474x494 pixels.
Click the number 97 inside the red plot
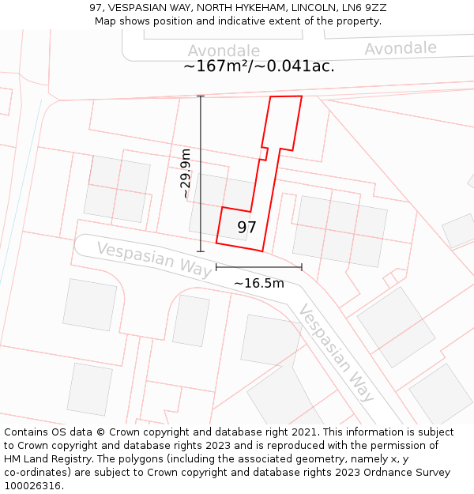[246, 228]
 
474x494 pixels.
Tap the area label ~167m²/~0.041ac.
[259, 66]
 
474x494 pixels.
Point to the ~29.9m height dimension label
[186, 173]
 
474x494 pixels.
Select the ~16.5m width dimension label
[259, 283]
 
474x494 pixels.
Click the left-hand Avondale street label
[224, 51]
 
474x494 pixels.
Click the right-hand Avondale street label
[400, 48]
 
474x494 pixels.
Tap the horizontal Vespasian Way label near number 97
[154, 259]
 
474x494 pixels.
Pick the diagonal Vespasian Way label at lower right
[336, 353]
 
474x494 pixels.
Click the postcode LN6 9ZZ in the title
[367, 7]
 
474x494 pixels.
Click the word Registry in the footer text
[99, 459]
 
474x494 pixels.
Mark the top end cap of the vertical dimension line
[201, 96]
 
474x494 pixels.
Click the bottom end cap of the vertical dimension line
[201, 251]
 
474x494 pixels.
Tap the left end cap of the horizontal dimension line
[216, 267]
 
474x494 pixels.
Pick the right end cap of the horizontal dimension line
[302, 267]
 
